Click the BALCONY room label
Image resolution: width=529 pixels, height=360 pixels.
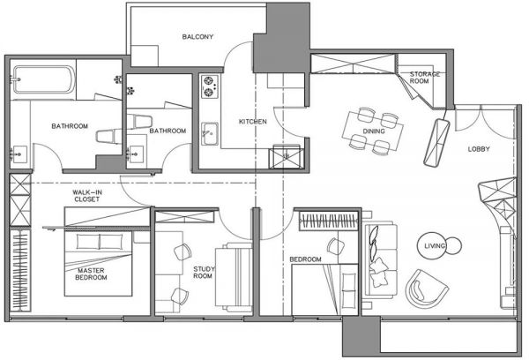pos(197,36)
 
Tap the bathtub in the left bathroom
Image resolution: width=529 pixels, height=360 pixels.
pos(44,79)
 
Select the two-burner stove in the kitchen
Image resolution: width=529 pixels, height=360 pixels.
pos(209,86)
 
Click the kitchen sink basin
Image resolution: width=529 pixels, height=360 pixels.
pos(210,134)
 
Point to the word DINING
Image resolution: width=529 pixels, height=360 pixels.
pos(374,131)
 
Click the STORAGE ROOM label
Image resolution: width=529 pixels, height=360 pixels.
pos(424,78)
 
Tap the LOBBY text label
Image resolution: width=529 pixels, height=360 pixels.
pos(479,149)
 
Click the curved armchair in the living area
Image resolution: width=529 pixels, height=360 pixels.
pos(426,288)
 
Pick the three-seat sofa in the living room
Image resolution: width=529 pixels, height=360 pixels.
pos(380,260)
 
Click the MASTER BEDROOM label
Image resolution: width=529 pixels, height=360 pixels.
pos(91,274)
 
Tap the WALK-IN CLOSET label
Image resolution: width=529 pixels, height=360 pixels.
pos(87,196)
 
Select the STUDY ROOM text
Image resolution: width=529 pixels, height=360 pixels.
pos(204,272)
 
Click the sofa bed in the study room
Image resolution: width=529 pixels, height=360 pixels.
pos(234,277)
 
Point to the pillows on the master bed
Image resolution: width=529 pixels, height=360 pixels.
pos(99,241)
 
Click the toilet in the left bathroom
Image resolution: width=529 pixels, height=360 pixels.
pos(108,135)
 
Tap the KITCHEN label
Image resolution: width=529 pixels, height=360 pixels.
pos(253,122)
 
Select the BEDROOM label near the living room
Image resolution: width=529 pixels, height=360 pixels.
pos(305,259)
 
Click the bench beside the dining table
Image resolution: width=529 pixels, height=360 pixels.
pos(437,143)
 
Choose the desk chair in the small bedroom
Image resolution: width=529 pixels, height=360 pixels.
pos(335,246)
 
